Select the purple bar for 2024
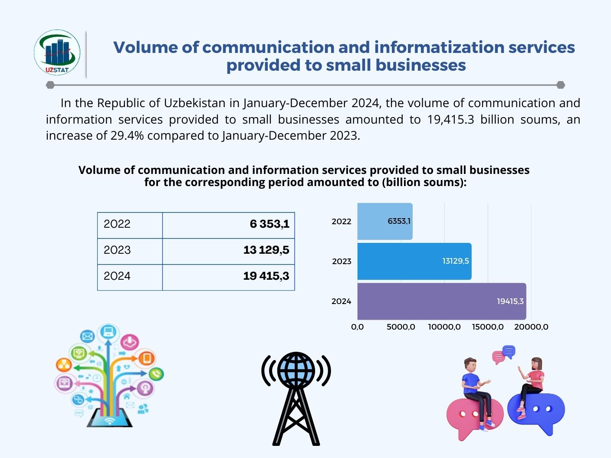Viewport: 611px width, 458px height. pyautogui.click(x=441, y=301)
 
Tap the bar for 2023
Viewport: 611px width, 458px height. pyautogui.click(x=414, y=261)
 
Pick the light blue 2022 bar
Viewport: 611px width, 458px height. pyautogui.click(x=384, y=221)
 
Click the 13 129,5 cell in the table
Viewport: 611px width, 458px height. pyautogui.click(x=229, y=250)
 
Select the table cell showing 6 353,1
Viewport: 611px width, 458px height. pyautogui.click(x=229, y=224)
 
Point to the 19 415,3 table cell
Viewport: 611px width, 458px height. pyautogui.click(x=229, y=276)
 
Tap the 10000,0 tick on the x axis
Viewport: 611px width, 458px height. pyautogui.click(x=444, y=327)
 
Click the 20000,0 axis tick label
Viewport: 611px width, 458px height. pyautogui.click(x=531, y=327)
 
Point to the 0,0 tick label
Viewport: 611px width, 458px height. pyautogui.click(x=358, y=327)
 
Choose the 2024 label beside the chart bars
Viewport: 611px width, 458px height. pyautogui.click(x=341, y=301)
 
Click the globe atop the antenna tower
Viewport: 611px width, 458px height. pyautogui.click(x=296, y=370)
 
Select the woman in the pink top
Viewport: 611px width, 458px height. pyautogui.click(x=533, y=382)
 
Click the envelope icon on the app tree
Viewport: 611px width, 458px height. pyautogui.click(x=88, y=336)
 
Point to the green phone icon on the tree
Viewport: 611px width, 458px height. pyautogui.click(x=156, y=373)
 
